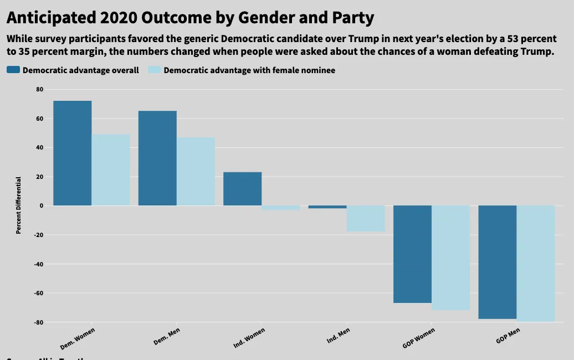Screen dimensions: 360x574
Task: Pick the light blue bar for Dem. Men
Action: coord(196,171)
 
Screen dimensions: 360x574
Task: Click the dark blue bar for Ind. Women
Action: coord(242,189)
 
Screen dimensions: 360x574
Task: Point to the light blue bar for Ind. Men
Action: coord(366,218)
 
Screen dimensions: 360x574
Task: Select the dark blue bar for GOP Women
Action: coord(412,254)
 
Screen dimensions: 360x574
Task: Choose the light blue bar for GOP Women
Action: coord(450,258)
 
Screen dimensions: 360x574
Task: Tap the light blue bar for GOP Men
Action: coord(536,263)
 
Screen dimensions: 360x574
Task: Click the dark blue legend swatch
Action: coord(13,70)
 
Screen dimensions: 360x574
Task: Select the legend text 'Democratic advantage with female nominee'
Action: coord(249,70)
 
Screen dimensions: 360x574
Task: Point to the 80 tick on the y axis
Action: coord(39,90)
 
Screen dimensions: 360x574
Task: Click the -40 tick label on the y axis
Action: coord(38,264)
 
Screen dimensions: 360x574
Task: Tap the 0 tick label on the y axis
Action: coord(41,206)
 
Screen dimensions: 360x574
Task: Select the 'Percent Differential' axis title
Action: coord(18,205)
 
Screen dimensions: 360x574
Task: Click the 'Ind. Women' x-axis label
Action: coord(249,337)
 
